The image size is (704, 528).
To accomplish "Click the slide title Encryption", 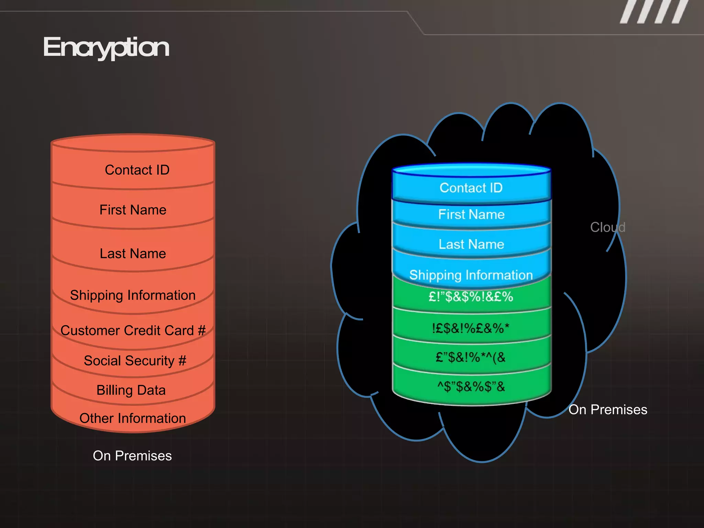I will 106,47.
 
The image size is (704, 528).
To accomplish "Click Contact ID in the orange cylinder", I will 137,170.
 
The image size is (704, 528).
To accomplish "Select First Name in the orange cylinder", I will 133,210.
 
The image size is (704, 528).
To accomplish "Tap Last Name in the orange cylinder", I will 133,253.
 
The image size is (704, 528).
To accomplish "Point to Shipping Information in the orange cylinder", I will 133,295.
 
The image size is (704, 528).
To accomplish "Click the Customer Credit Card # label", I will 133,330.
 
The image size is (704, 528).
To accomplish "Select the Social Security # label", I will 135,361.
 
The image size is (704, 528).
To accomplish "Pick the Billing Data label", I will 131,390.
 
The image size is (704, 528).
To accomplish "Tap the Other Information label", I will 133,418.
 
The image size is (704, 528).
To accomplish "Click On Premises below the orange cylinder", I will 132,455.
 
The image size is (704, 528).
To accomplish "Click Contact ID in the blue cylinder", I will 471,188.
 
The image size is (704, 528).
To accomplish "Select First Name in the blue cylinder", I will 471,214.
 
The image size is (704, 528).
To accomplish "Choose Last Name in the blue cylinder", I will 471,244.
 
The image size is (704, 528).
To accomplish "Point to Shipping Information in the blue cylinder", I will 471,275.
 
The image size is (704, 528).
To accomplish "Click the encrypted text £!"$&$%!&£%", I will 471,296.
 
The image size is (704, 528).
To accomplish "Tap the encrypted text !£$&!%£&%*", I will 471,328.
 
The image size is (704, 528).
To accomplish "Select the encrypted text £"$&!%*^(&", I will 471,357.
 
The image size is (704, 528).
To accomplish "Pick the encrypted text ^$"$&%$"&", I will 471,386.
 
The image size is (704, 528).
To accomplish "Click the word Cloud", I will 607,227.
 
